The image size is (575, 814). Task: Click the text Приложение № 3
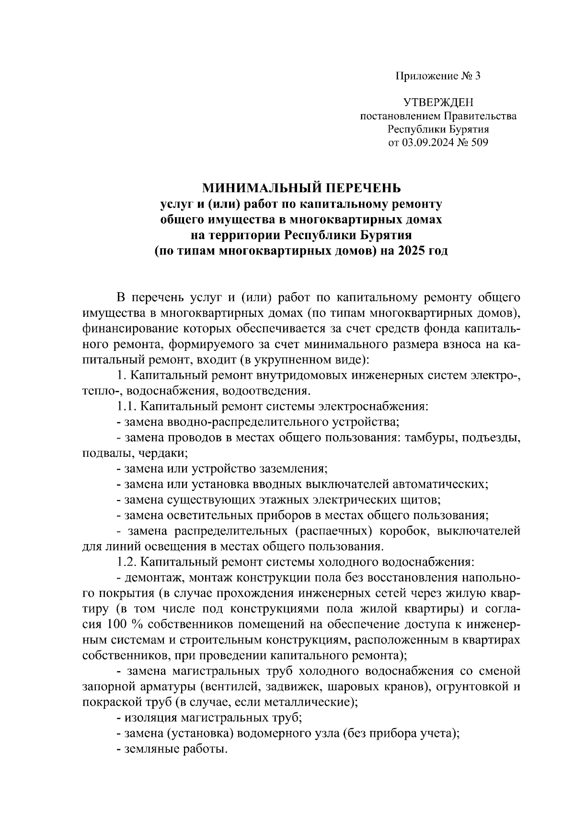437,76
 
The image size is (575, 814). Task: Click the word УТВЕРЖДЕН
438,103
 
